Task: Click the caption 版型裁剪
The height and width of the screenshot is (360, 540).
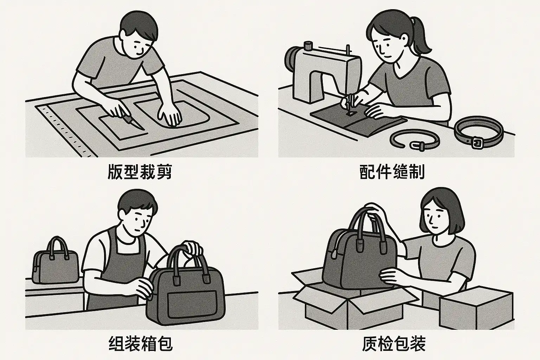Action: (x=140, y=172)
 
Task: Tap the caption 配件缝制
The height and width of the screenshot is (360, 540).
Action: (x=392, y=172)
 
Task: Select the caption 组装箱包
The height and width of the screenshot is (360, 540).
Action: (x=141, y=343)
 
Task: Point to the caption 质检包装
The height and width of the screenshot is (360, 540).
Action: (x=394, y=343)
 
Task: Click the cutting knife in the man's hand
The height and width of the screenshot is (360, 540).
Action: (x=131, y=120)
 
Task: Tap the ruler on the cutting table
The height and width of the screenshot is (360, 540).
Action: (x=66, y=131)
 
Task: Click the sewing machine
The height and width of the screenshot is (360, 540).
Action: (x=323, y=72)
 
